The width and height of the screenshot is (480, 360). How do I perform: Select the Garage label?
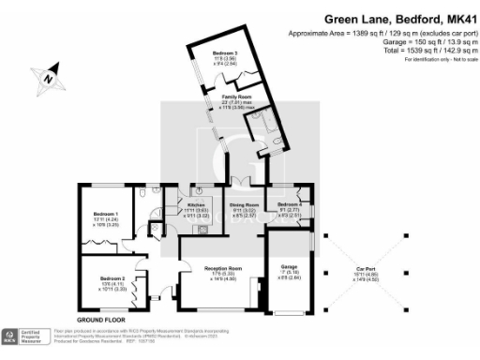pos(290,267)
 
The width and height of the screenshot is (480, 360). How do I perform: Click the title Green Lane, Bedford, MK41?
pos(399,18)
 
